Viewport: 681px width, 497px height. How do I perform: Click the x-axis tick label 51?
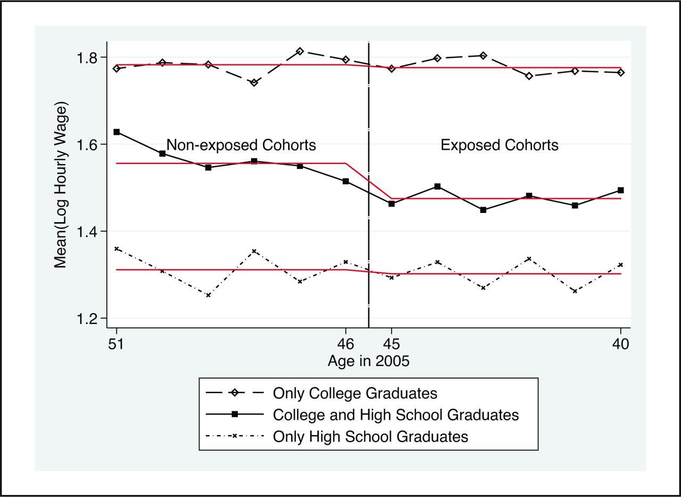pyautogui.click(x=116, y=344)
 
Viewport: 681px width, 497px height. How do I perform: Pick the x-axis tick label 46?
pyautogui.click(x=346, y=344)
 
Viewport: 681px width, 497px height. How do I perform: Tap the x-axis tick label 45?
pyautogui.click(x=392, y=344)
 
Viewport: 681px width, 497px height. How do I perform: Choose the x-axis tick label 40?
pyautogui.click(x=620, y=344)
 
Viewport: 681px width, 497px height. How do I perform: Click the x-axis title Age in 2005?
pyautogui.click(x=368, y=361)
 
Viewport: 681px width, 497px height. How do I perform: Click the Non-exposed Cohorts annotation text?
pyautogui.click(x=241, y=145)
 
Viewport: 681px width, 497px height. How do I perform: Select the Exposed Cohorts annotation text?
pyautogui.click(x=500, y=145)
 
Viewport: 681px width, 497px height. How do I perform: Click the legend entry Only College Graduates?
pyautogui.click(x=355, y=394)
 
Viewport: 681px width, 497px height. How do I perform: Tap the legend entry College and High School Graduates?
pyautogui.click(x=395, y=415)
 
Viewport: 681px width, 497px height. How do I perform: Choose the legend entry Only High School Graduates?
pyautogui.click(x=370, y=437)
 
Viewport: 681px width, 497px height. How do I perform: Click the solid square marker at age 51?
pyautogui.click(x=117, y=132)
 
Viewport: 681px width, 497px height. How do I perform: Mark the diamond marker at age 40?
pyautogui.click(x=620, y=72)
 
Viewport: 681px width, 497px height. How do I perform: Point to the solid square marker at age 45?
pyautogui.click(x=392, y=203)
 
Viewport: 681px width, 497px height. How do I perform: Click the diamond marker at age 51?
pyautogui.click(x=117, y=68)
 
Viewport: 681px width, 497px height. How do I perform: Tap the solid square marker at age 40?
pyautogui.click(x=620, y=190)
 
